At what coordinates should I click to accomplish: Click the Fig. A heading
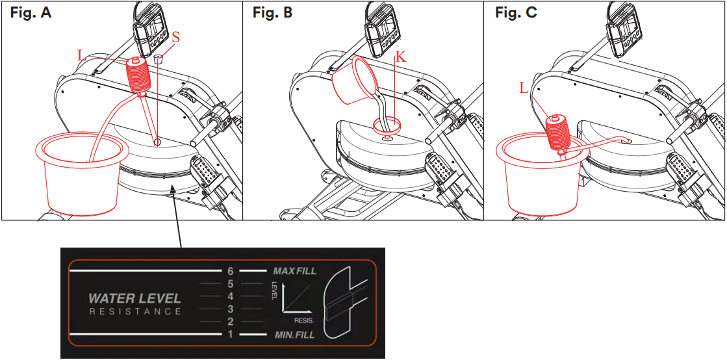coord(31,12)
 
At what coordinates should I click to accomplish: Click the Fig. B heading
coord(272,12)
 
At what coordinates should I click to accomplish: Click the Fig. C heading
coord(516,12)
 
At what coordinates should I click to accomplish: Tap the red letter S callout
coord(175,37)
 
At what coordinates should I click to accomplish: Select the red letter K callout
coord(402,57)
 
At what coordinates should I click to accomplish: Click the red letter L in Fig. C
coord(524,88)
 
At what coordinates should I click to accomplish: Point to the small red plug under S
coord(159,58)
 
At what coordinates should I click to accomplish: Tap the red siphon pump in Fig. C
coord(559,132)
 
